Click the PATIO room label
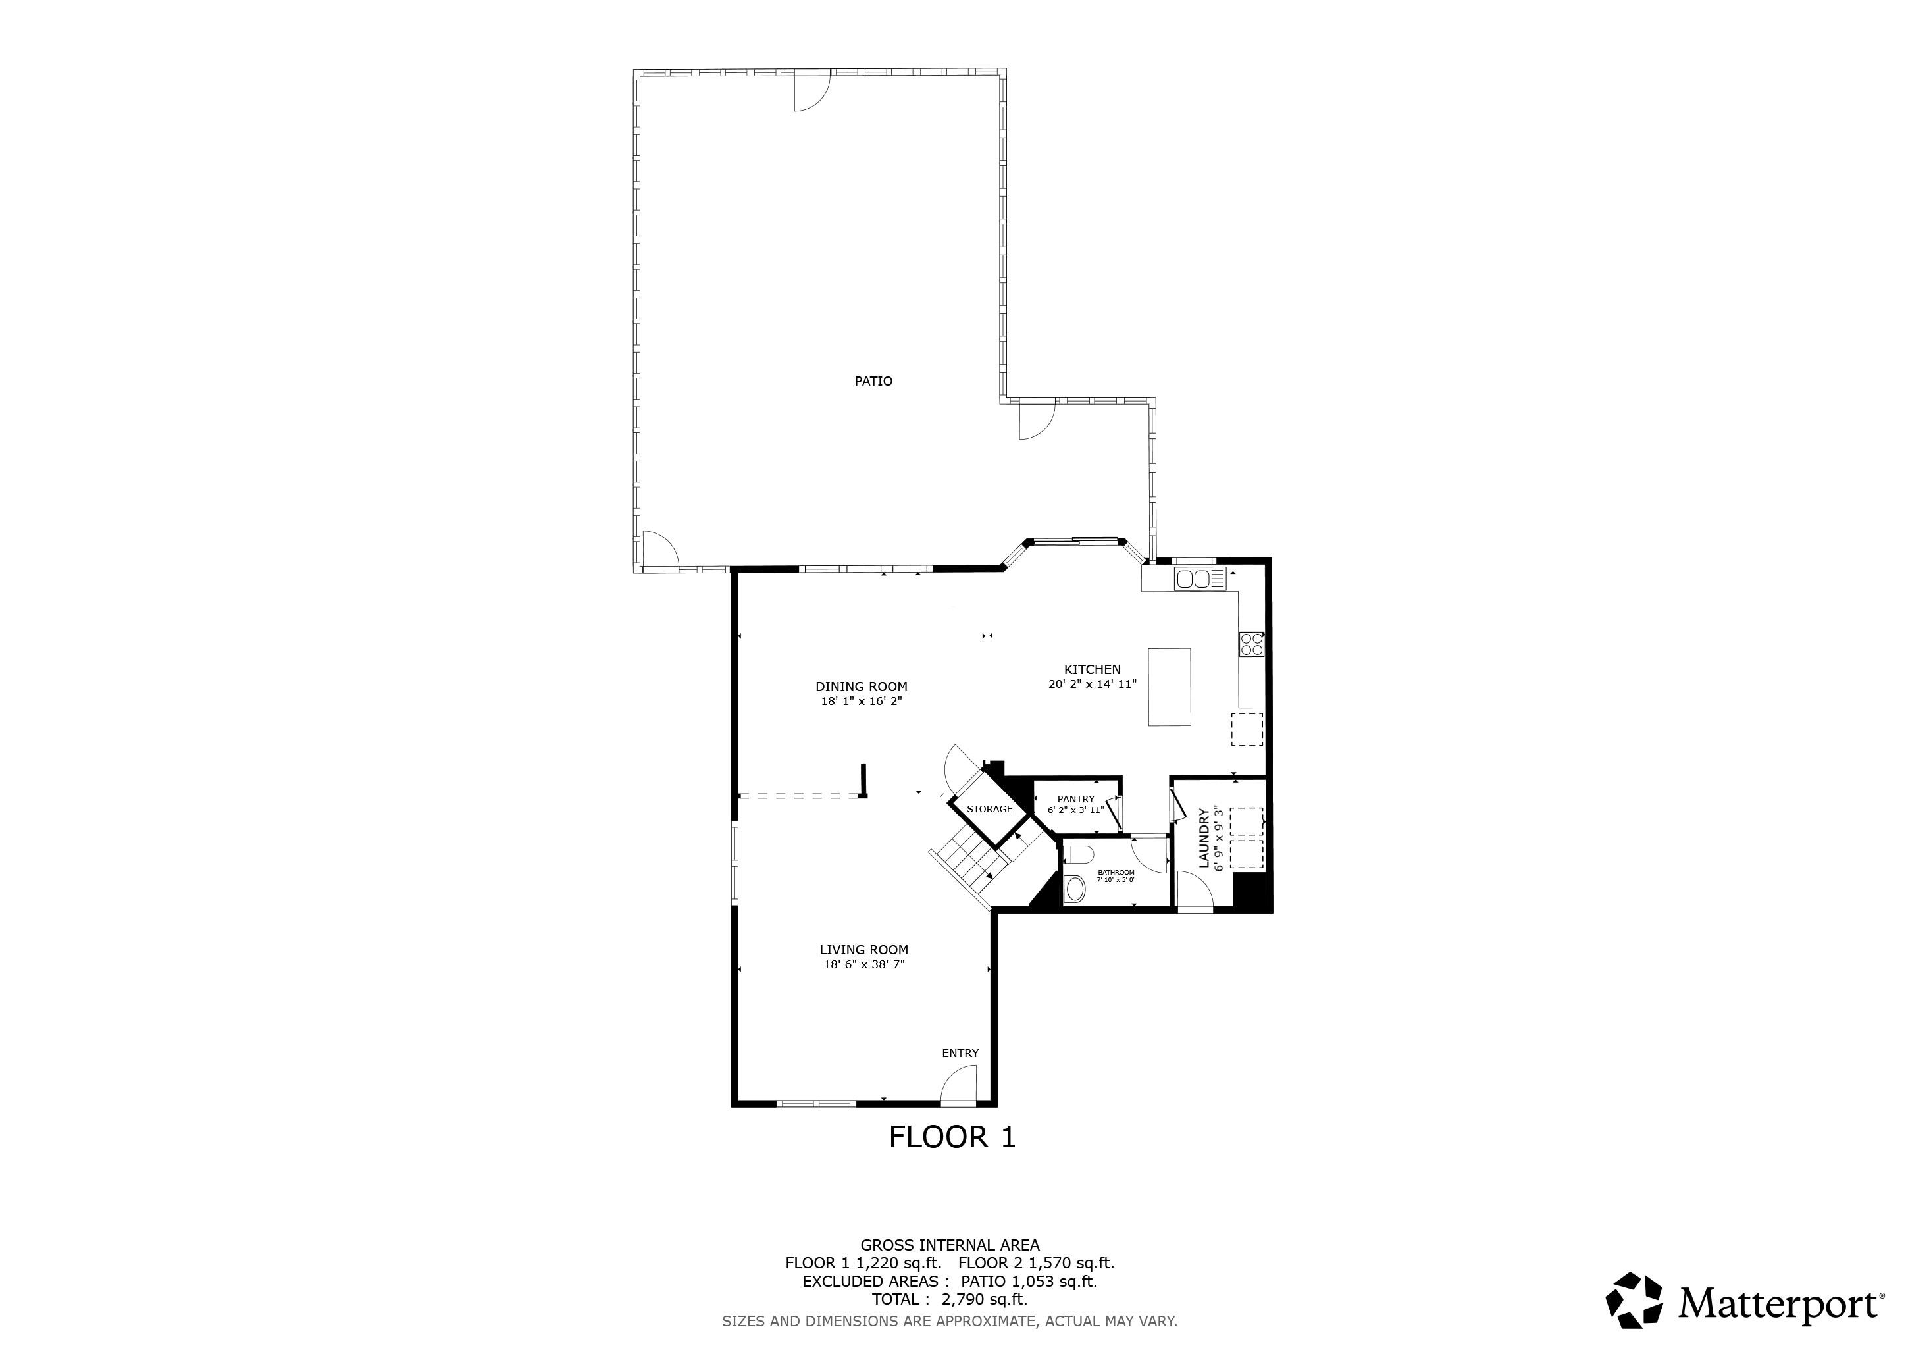point(873,382)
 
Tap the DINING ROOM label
point(861,687)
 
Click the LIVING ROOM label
point(864,950)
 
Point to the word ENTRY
point(960,1053)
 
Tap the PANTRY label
point(1076,799)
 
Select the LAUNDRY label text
point(1204,839)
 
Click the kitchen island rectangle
point(1169,687)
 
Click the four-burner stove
point(1252,644)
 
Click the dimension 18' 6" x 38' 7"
point(864,964)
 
